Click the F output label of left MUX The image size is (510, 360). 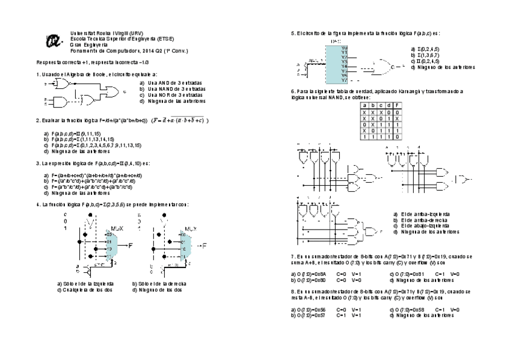click(x=129, y=245)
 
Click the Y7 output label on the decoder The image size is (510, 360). click(x=344, y=80)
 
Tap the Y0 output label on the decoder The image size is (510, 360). click(x=344, y=47)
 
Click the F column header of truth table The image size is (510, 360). click(x=398, y=105)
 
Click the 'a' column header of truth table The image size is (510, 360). click(x=364, y=105)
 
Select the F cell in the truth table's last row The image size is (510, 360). click(x=398, y=137)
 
